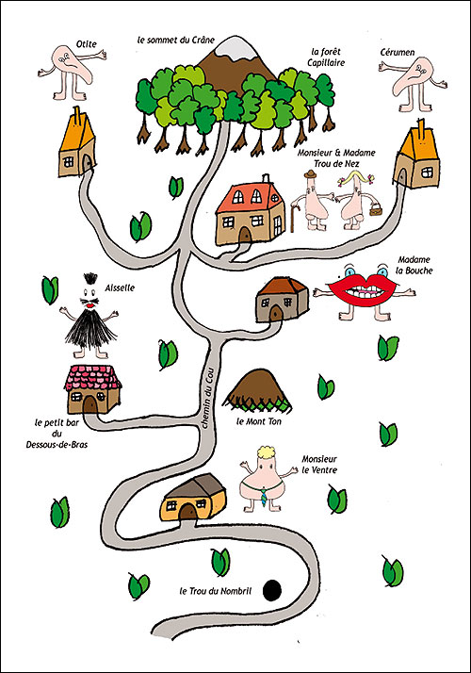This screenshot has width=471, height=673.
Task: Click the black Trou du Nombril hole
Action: [272, 591]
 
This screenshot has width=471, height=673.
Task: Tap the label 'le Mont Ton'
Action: [259, 421]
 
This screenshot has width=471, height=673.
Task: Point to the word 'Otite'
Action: [87, 43]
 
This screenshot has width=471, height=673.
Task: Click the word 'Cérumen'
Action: [398, 53]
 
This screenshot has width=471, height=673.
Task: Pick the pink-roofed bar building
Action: [92, 388]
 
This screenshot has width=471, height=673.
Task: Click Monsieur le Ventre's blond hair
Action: [267, 453]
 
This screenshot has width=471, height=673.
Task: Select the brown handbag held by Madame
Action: [374, 210]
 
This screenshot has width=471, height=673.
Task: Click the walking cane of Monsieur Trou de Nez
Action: [294, 218]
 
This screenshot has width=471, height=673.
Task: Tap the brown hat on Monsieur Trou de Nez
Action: [310, 173]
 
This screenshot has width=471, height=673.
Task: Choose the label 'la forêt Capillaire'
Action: [326, 57]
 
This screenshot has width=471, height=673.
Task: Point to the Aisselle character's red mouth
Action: [90, 305]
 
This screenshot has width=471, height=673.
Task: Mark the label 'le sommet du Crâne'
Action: [176, 40]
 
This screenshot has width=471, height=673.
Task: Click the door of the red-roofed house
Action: [245, 236]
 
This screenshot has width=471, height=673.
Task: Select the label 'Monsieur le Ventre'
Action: [319, 465]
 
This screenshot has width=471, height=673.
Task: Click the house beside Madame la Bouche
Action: [283, 300]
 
